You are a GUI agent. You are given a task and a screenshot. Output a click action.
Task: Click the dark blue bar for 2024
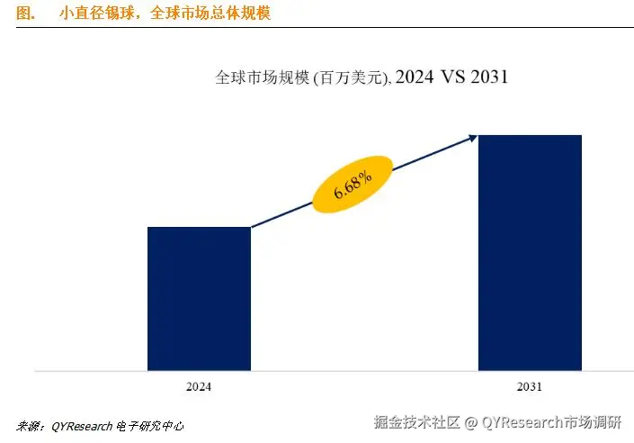click(x=199, y=298)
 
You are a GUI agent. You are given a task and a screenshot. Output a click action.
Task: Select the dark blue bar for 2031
click(x=530, y=252)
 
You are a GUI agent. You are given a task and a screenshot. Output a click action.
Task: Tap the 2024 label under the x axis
click(x=199, y=386)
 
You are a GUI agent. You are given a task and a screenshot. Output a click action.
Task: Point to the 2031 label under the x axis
click(x=530, y=386)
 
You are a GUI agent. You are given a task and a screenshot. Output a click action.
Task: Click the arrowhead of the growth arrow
click(x=471, y=137)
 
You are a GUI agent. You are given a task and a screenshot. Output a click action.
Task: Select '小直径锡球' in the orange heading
click(x=90, y=14)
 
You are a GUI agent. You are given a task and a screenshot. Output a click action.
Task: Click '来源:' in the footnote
click(x=32, y=425)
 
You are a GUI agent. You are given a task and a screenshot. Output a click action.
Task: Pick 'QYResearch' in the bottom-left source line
click(x=82, y=425)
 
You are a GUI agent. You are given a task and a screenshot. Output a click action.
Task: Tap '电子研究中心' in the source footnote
click(x=150, y=425)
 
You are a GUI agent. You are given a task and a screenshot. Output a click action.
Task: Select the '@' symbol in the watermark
click(x=470, y=421)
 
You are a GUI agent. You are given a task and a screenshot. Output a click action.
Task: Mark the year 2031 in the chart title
click(x=487, y=77)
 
